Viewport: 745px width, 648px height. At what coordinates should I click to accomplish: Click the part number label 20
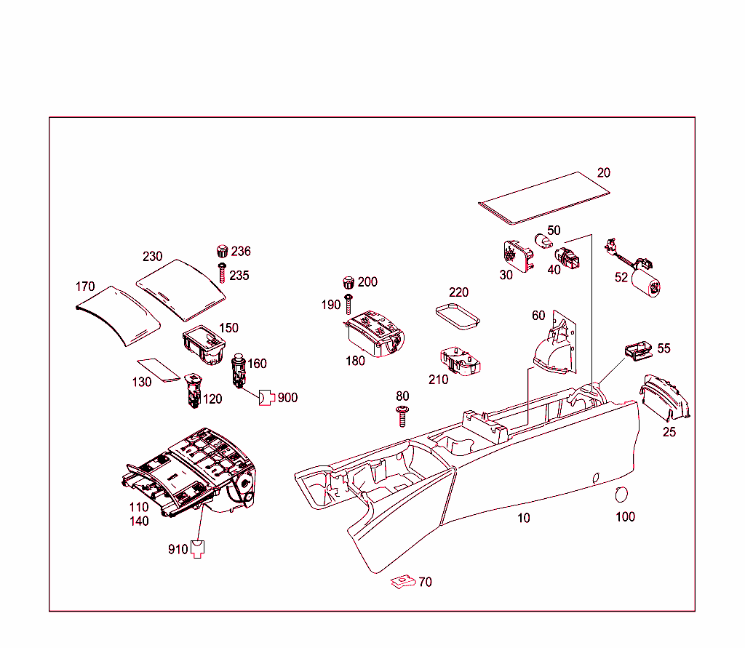603,173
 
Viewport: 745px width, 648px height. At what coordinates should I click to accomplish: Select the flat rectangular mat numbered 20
544,197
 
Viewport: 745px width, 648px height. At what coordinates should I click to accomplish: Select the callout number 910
178,548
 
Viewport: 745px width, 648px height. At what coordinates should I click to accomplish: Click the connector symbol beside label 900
267,397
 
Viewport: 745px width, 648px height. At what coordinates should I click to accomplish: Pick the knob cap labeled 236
223,252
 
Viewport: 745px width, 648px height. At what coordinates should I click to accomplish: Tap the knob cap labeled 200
348,282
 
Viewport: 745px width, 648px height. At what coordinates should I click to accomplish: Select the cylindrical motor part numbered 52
644,284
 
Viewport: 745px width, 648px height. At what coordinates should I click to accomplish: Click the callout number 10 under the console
524,519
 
